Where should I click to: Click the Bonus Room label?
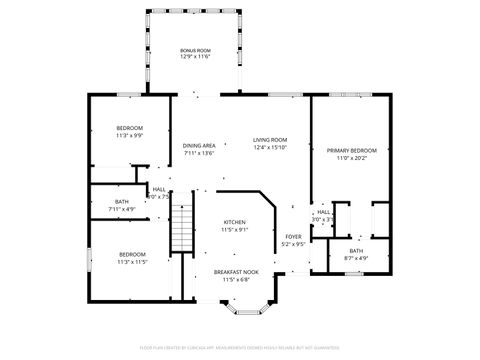click(195, 50)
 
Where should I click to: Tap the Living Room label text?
click(270, 139)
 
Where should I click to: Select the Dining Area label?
click(199, 146)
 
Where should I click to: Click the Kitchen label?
click(234, 222)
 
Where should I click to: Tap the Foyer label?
click(292, 236)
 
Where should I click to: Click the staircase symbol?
click(180, 227)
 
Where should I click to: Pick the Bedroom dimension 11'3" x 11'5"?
click(132, 262)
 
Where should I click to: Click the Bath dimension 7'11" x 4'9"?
click(121, 209)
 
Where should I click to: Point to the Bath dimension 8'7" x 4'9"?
click(356, 258)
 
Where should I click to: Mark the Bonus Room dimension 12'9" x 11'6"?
click(195, 57)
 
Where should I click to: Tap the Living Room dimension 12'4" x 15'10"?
click(270, 147)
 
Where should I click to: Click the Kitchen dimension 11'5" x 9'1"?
click(234, 230)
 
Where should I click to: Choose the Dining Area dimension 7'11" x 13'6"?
click(199, 154)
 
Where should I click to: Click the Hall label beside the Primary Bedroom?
click(323, 212)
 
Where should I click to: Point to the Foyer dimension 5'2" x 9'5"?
click(292, 244)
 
